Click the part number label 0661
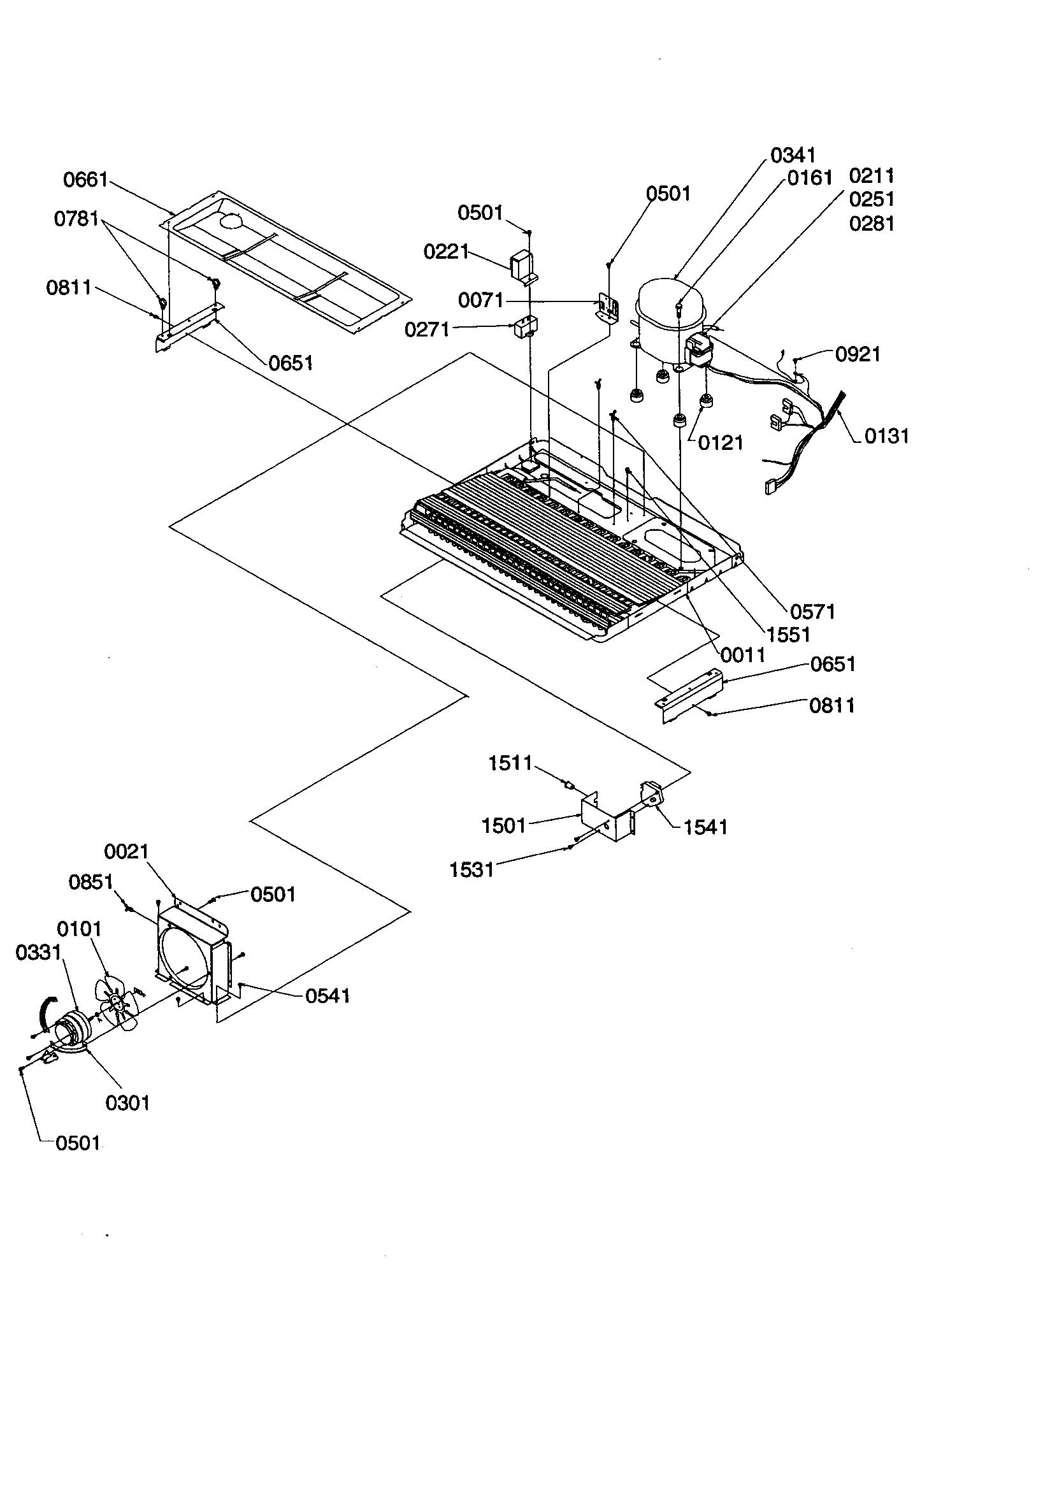click(x=85, y=180)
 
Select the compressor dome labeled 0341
click(x=668, y=305)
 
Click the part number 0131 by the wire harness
click(x=886, y=436)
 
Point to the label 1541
click(x=705, y=827)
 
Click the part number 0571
click(x=812, y=611)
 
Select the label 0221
click(x=446, y=252)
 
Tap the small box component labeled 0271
click(x=523, y=327)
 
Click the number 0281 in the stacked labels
click(x=872, y=224)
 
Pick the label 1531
click(x=471, y=870)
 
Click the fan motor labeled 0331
click(x=73, y=1031)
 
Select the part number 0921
click(x=858, y=354)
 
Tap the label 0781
click(x=76, y=219)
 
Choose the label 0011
click(x=743, y=655)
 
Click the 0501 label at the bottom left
click(x=78, y=1143)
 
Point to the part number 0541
click(x=327, y=995)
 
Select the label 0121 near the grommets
click(x=721, y=443)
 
